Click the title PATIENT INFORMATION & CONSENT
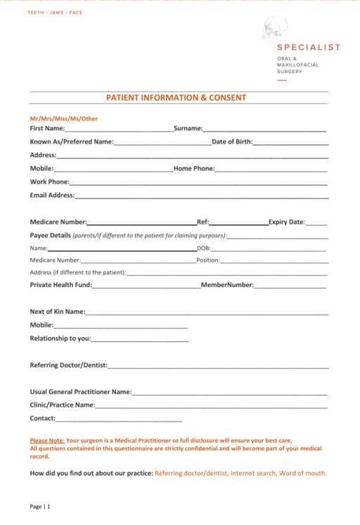pyautogui.click(x=176, y=98)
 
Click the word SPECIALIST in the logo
pyautogui.click(x=309, y=47)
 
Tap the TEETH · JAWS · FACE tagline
pyautogui.click(x=55, y=13)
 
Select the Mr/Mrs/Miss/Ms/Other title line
pyautogui.click(x=63, y=118)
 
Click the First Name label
pyautogui.click(x=47, y=128)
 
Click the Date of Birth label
pyautogui.click(x=231, y=141)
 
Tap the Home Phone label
pyautogui.click(x=193, y=168)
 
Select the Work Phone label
pyautogui.click(x=49, y=182)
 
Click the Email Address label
pyautogui.click(x=52, y=195)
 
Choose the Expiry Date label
pyautogui.click(x=285, y=222)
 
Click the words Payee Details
pyautogui.click(x=51, y=235)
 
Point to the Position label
pyautogui.click(x=208, y=260)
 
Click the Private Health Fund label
pyautogui.click(x=60, y=285)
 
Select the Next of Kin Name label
pyautogui.click(x=57, y=311)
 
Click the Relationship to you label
pyautogui.click(x=60, y=338)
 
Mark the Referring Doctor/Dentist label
pyautogui.click(x=67, y=365)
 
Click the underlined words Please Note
pyautogui.click(x=47, y=440)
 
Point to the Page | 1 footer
pyautogui.click(x=40, y=506)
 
